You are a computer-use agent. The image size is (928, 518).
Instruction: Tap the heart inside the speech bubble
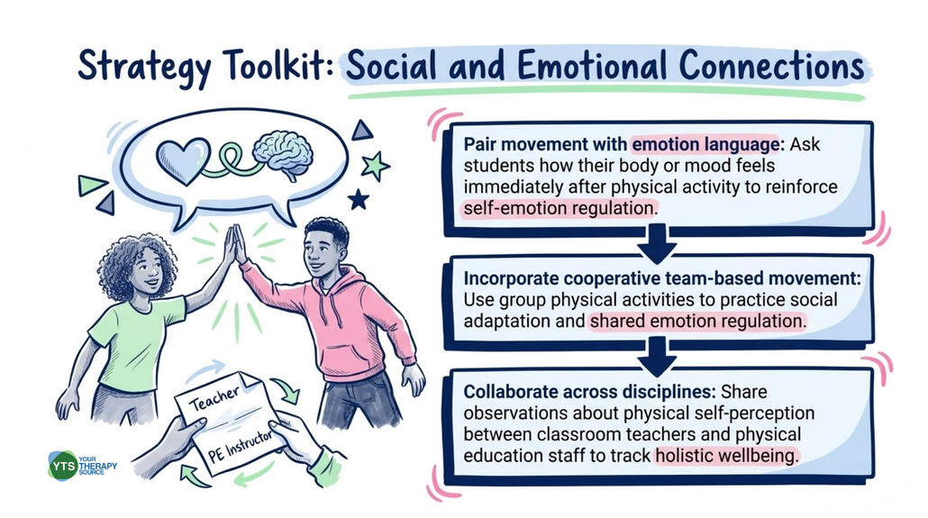click(x=183, y=160)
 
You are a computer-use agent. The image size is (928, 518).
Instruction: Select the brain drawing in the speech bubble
click(x=282, y=154)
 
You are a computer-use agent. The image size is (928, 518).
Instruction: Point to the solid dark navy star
click(x=358, y=199)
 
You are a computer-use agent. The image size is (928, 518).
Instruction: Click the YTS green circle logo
click(x=63, y=466)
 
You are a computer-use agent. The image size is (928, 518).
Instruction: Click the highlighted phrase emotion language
click(x=705, y=144)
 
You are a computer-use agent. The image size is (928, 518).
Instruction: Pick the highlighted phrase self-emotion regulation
click(x=560, y=208)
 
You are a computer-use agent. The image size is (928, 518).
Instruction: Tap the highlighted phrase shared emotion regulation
click(x=697, y=321)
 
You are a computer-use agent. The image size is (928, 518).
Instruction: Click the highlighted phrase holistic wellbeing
click(x=727, y=455)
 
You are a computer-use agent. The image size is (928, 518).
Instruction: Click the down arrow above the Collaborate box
click(x=657, y=357)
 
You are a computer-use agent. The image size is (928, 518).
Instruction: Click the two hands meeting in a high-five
click(x=234, y=243)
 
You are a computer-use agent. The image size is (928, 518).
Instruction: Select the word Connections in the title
click(x=771, y=65)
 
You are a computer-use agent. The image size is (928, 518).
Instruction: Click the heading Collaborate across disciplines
click(x=589, y=391)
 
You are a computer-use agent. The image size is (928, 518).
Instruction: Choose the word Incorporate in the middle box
click(x=512, y=278)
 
